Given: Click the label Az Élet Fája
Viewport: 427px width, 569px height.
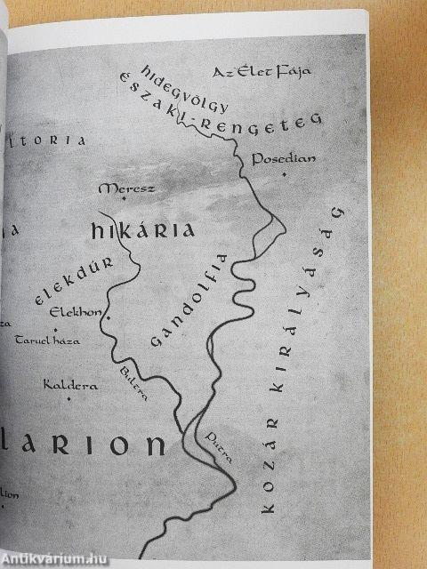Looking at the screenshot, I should point(254,71).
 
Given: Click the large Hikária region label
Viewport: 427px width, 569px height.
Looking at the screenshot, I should point(142,232).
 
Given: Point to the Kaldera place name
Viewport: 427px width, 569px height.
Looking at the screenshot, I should point(69,385).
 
